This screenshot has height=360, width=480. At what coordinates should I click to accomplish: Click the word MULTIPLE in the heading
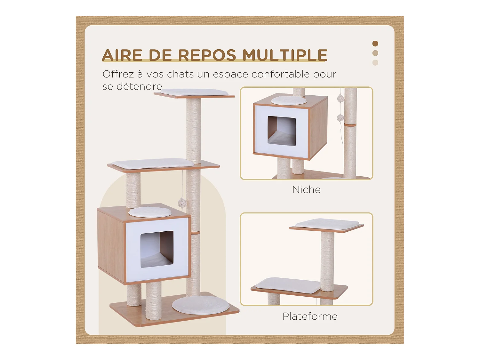pos(285,55)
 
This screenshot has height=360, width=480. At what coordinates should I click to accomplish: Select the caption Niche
pos(306,189)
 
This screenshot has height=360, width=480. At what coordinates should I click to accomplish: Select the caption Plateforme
pos(310,316)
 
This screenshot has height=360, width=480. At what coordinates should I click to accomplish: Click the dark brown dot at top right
pos(375,44)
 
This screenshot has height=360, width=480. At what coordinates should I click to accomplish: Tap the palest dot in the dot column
pos(375,63)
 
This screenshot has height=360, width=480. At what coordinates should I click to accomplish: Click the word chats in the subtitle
pos(180,74)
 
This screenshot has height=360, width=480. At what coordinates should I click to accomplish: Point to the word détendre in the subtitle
pos(139,86)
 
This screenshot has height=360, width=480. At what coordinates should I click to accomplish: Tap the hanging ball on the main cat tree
pos(182,203)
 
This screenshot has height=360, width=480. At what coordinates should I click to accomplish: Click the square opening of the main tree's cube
pos(157,249)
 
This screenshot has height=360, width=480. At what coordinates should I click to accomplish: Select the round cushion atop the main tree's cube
pos(150,212)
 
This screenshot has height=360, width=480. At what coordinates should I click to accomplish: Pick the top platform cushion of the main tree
pos(194,92)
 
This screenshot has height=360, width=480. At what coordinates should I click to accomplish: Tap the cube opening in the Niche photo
pos(282,131)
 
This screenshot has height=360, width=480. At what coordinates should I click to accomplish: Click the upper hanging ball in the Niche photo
pos(341,99)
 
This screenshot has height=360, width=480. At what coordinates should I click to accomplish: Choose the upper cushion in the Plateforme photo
pos(327,223)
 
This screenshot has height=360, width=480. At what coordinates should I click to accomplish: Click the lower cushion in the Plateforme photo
pos(288,284)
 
